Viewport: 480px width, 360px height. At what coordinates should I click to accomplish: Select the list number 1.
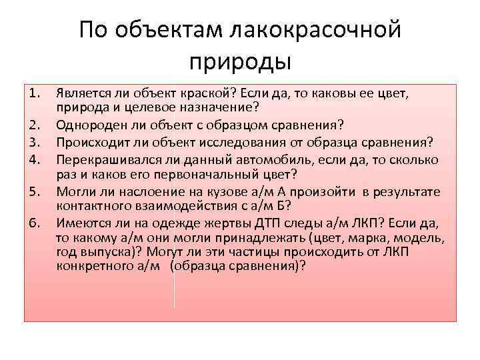point(36,94)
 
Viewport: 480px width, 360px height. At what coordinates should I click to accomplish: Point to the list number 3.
point(36,141)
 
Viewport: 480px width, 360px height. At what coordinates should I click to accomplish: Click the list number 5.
point(36,192)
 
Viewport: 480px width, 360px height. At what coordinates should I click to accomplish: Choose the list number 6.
point(36,223)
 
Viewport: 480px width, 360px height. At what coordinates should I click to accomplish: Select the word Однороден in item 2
point(86,125)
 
